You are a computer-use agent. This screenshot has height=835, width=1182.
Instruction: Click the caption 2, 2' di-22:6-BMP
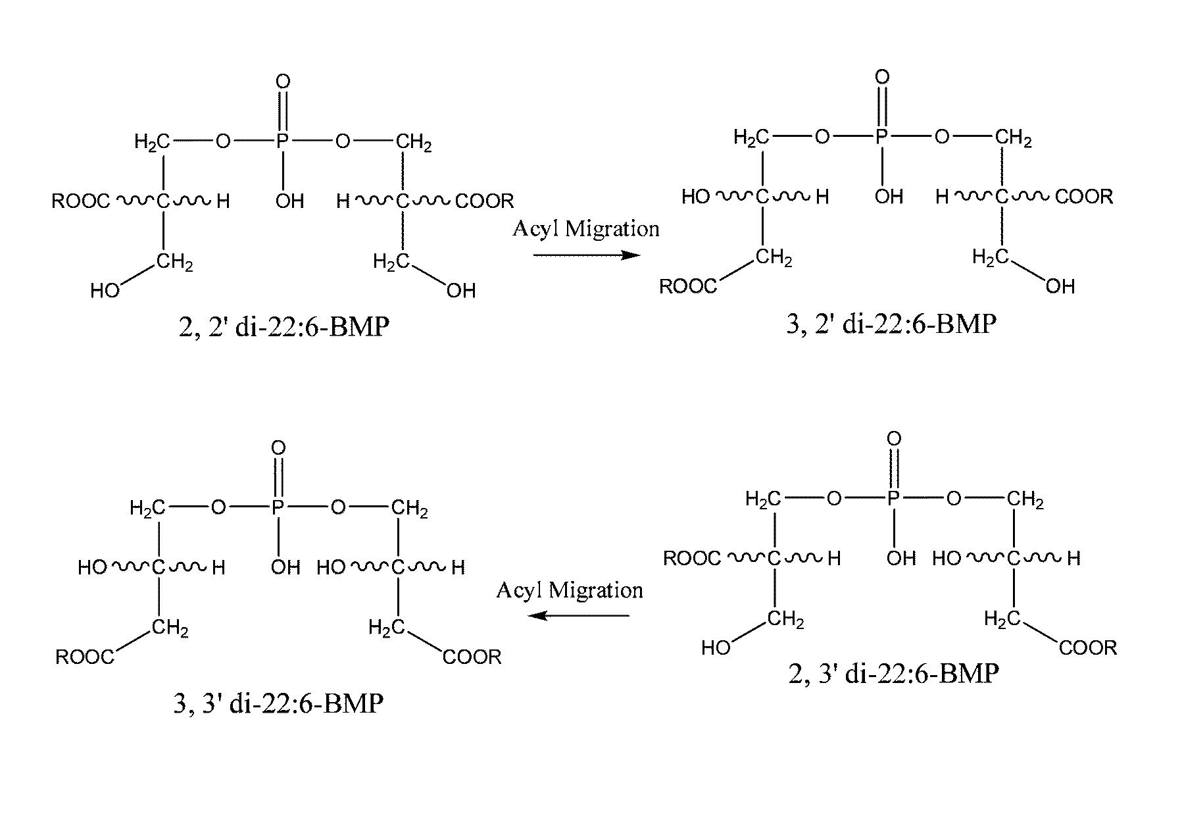283,327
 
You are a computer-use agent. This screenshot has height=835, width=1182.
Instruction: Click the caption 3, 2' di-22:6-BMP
891,324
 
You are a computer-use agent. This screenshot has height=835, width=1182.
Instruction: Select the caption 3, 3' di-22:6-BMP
278,703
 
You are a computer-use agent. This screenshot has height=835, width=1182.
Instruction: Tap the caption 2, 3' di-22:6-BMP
893,674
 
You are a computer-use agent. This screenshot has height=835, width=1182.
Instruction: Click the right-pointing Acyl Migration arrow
585,255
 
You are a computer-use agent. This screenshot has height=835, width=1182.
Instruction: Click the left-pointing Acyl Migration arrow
579,616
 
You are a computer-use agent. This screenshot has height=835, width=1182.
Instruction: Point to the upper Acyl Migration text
585,229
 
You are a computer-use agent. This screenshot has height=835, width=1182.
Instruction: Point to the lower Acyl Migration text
569,590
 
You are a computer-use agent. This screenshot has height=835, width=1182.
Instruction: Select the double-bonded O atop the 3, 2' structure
882,78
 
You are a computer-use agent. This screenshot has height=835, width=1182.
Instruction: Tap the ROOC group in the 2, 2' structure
82,201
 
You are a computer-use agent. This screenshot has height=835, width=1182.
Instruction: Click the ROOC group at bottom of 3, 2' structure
688,287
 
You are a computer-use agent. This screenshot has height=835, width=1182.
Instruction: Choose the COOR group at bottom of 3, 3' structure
472,657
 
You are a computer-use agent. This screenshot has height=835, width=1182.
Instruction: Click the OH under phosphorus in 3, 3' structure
285,567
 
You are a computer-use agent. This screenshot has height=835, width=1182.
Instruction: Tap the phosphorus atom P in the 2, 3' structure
893,499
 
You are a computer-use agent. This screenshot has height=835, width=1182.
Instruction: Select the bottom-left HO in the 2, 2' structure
105,291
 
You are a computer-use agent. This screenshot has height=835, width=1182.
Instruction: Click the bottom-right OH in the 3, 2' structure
1060,286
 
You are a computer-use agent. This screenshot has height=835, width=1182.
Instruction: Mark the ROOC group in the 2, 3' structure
692,559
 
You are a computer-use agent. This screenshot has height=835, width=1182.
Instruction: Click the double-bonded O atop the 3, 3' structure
278,449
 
